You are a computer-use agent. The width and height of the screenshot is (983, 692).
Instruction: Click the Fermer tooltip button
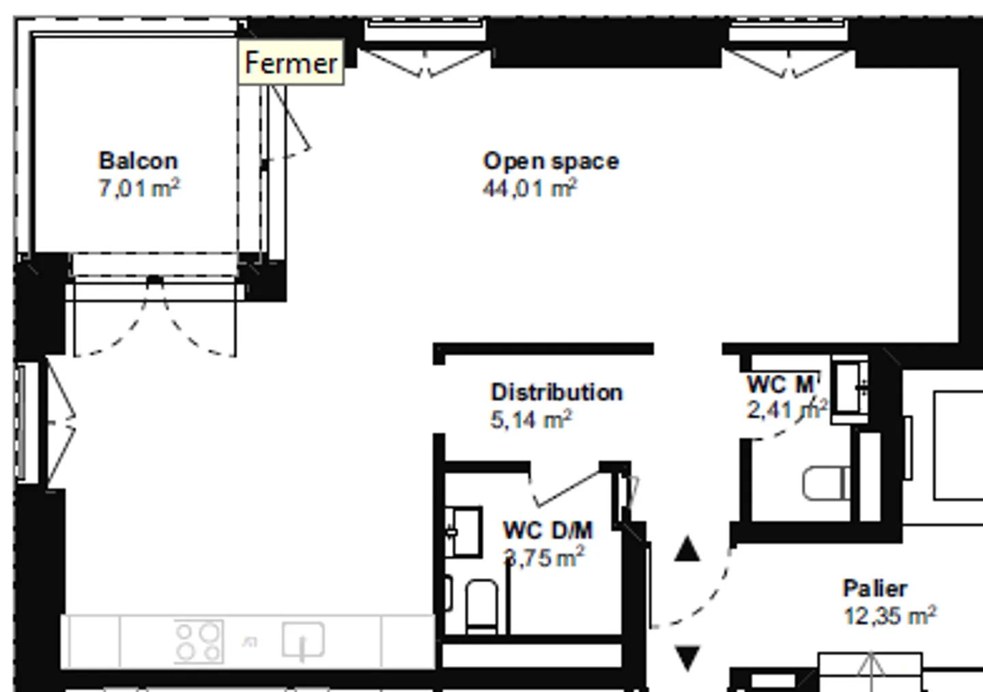[291, 62]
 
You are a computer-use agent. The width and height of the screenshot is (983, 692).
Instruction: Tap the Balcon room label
[138, 161]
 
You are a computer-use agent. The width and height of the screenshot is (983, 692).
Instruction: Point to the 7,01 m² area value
[139, 188]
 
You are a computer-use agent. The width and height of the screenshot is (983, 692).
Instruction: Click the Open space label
[551, 162]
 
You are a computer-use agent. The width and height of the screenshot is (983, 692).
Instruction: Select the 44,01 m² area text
[530, 189]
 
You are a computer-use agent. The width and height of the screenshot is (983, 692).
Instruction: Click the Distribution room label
[556, 392]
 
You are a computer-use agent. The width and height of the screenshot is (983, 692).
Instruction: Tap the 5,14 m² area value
[531, 419]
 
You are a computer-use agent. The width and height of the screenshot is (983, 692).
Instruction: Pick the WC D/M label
[547, 530]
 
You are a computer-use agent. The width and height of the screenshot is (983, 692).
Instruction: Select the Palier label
[875, 588]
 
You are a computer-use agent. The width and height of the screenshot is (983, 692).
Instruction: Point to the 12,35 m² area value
[890, 615]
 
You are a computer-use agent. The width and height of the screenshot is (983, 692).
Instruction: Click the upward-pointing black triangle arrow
[687, 549]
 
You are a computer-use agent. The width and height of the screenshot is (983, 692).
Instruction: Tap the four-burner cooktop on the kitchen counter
[199, 641]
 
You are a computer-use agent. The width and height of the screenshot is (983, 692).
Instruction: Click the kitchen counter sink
[303, 640]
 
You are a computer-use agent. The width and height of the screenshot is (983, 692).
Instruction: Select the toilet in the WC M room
[826, 483]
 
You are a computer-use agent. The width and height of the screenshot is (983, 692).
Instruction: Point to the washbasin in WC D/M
[464, 531]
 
